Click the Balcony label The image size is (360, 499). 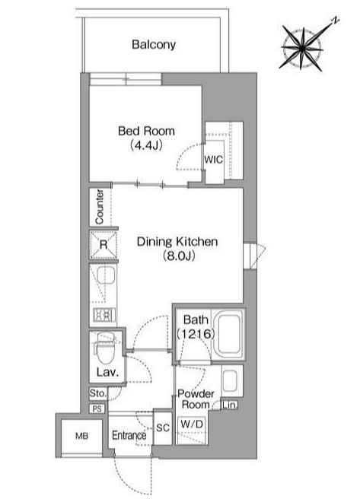click(x=154, y=45)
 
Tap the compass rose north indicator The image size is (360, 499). click(x=335, y=21)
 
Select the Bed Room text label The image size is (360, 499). click(x=146, y=131)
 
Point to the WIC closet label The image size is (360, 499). click(x=214, y=159)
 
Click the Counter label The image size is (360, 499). click(x=100, y=207)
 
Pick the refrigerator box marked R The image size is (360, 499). click(x=104, y=244)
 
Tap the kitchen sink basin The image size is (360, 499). click(x=106, y=275)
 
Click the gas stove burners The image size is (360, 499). click(x=104, y=315)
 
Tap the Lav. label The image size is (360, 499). click(x=107, y=372)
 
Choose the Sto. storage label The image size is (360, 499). click(x=97, y=393)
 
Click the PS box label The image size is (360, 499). click(x=97, y=408)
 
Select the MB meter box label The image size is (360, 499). click(x=81, y=436)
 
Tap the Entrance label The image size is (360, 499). click(x=129, y=435)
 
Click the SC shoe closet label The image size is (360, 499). click(x=163, y=427)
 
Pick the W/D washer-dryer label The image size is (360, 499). click(x=192, y=424)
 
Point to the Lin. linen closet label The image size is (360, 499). click(x=230, y=405)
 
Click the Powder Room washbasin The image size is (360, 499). click(x=231, y=380)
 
